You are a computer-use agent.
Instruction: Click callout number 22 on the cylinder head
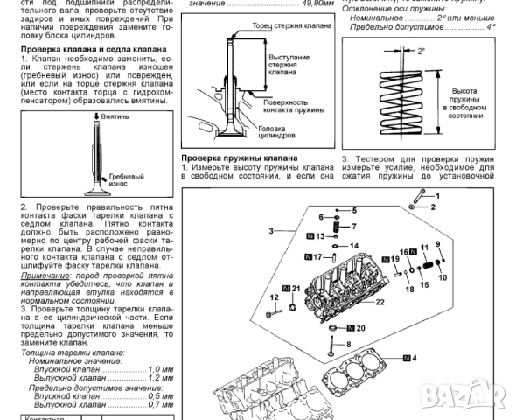379,302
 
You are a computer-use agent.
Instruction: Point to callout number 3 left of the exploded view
272,230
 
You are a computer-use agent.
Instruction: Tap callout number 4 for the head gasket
414,359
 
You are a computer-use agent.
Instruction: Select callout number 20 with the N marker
360,328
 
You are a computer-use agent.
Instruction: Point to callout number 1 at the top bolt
433,197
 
